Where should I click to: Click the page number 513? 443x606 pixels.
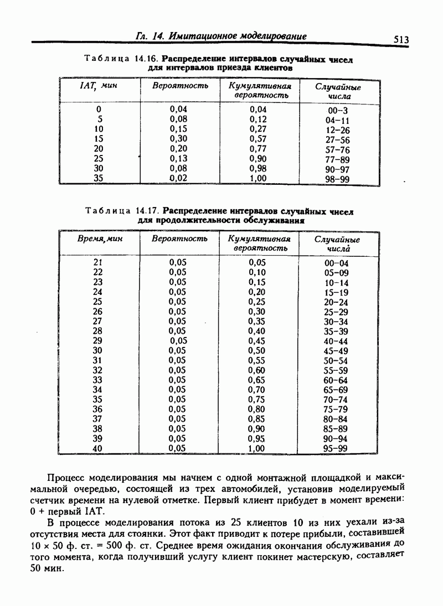point(401,39)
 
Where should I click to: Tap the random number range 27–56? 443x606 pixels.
point(338,141)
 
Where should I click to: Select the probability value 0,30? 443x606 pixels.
point(178,139)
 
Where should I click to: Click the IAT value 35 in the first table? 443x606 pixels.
point(99,178)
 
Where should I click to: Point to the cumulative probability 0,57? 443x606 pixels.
point(258,139)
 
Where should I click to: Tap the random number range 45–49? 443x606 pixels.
point(336,351)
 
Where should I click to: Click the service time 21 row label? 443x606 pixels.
point(98,262)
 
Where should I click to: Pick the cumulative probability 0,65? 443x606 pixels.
point(257,380)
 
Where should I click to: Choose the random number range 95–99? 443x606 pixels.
point(336,449)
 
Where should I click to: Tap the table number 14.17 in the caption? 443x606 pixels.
point(147,211)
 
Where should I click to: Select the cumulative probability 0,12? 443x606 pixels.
point(258,120)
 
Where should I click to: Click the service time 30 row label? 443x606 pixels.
point(98,350)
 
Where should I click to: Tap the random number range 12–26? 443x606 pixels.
point(338,131)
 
